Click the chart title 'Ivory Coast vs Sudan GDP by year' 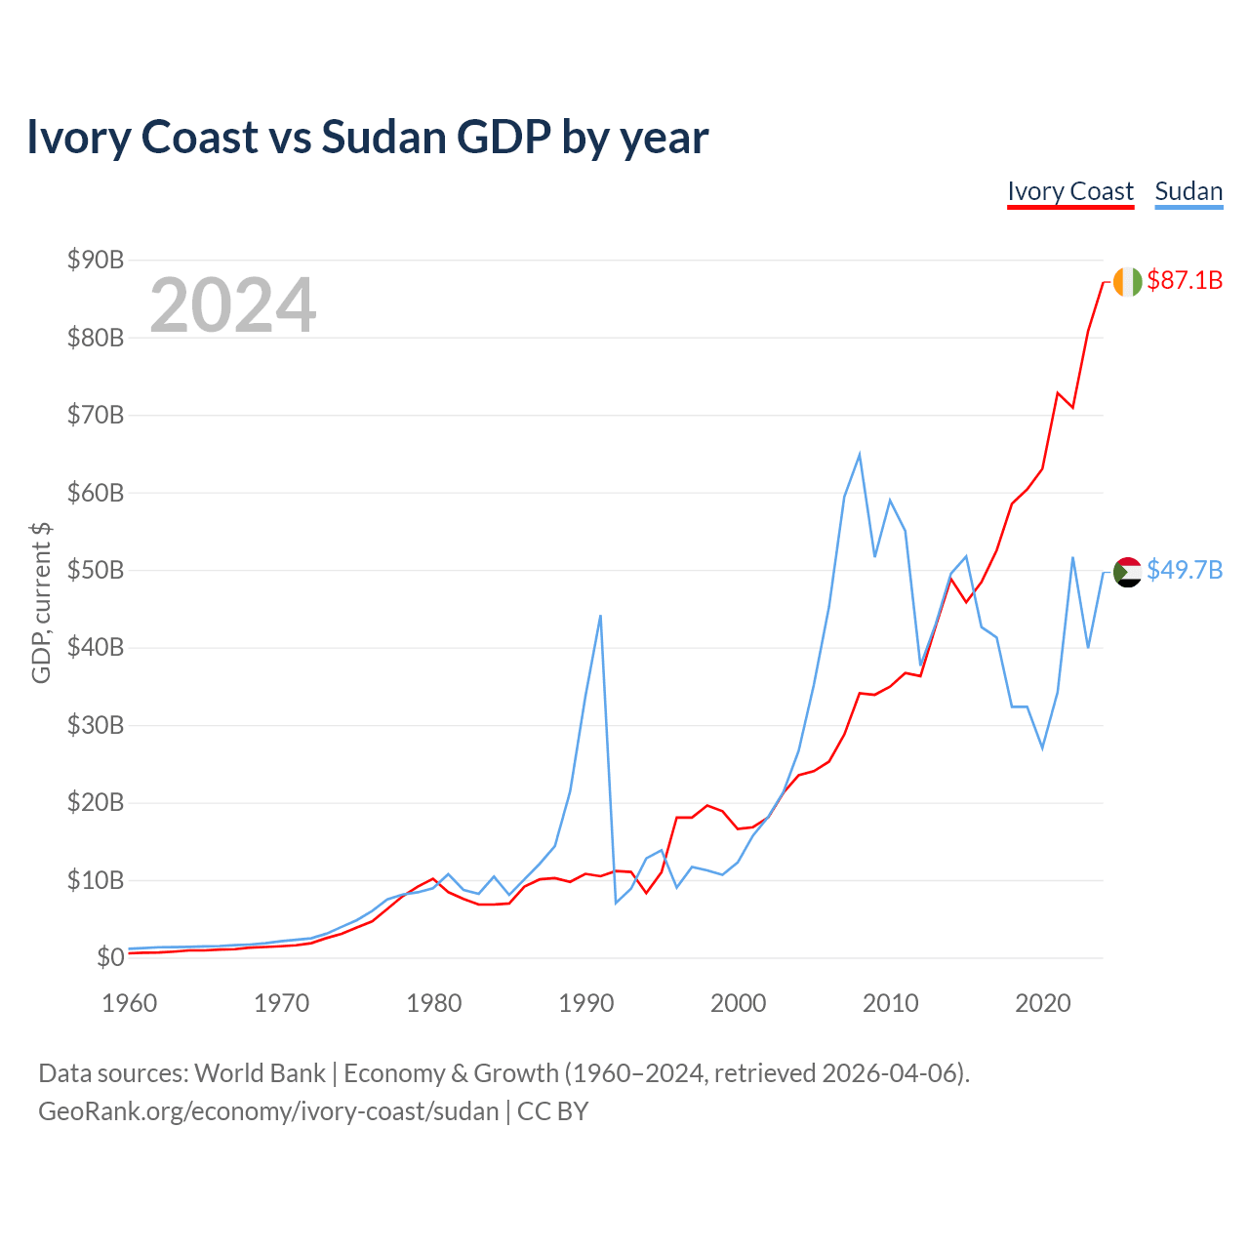pyautogui.click(x=367, y=138)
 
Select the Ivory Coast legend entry pyautogui.click(x=1070, y=191)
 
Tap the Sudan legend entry pyautogui.click(x=1189, y=191)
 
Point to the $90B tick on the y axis pyautogui.click(x=96, y=260)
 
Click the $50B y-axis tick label pyautogui.click(x=96, y=570)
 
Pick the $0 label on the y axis pyautogui.click(x=110, y=957)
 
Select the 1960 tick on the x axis pyautogui.click(x=130, y=1003)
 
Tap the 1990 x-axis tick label pyautogui.click(x=585, y=1003)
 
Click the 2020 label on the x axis pyautogui.click(x=1042, y=1003)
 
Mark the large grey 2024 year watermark pyautogui.click(x=232, y=305)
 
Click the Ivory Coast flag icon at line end pyautogui.click(x=1127, y=281)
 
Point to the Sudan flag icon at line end pyautogui.click(x=1127, y=572)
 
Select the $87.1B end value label pyautogui.click(x=1185, y=281)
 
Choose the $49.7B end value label pyautogui.click(x=1185, y=570)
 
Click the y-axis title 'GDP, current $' pyautogui.click(x=41, y=602)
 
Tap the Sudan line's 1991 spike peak pyautogui.click(x=600, y=616)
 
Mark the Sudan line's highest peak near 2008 pyautogui.click(x=859, y=454)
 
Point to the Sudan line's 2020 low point pyautogui.click(x=1042, y=747)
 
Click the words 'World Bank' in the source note pyautogui.click(x=260, y=1073)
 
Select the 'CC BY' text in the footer pyautogui.click(x=552, y=1111)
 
